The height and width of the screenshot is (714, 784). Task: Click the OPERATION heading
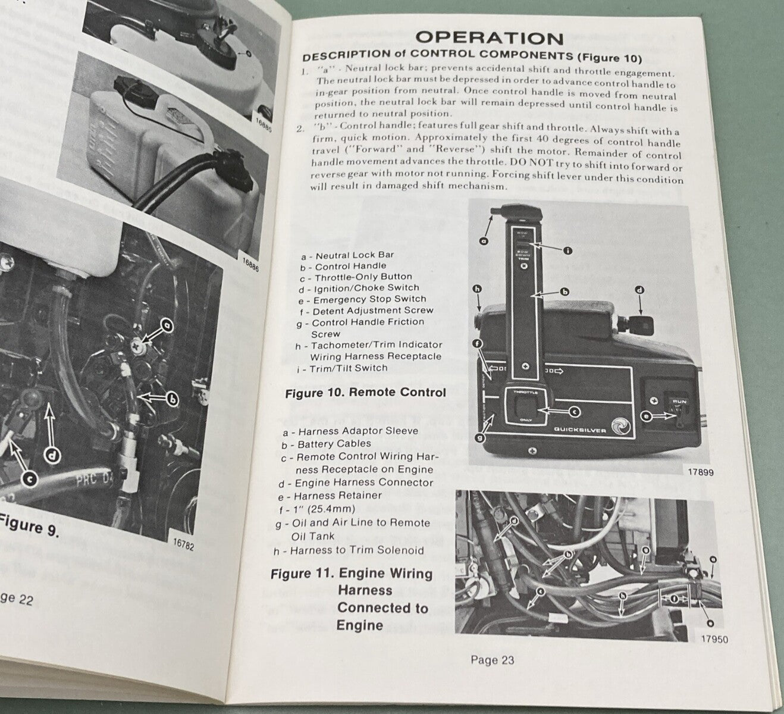coord(490,38)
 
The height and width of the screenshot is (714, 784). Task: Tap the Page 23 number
coord(492,660)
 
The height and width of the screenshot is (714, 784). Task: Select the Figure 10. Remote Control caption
coord(365,393)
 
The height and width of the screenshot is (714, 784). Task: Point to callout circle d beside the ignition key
coord(639,291)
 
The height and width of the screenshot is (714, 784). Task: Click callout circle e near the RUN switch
coord(647,417)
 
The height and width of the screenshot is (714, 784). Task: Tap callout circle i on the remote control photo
coord(567,250)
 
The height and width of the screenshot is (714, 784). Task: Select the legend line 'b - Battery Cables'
coord(326,444)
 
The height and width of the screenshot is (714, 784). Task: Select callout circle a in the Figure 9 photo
coord(167,325)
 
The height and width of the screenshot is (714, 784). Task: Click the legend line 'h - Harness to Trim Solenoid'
coord(349,550)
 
